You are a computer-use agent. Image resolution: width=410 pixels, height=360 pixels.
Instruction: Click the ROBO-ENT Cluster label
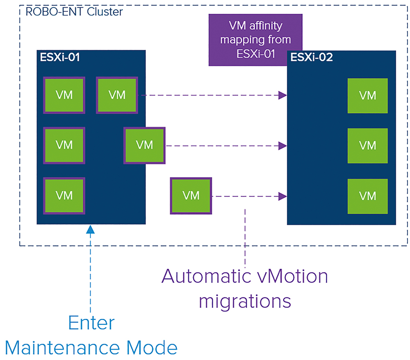(74, 12)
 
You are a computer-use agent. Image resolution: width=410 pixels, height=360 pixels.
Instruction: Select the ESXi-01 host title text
(60, 57)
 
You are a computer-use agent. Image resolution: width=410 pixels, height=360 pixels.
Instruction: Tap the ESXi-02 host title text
(312, 57)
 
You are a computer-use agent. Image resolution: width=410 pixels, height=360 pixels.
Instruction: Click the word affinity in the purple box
(266, 26)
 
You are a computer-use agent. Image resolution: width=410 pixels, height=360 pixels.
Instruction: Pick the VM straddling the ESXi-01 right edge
(144, 145)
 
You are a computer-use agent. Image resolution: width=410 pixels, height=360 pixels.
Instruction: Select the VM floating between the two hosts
(191, 196)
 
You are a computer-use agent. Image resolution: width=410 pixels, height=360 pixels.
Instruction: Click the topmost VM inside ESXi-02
(367, 95)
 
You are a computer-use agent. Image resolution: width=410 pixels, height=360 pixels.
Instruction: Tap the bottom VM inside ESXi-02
(367, 196)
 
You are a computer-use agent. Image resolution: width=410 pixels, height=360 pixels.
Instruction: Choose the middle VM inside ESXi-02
(367, 146)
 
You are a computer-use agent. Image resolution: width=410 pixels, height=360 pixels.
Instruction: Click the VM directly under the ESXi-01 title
(64, 95)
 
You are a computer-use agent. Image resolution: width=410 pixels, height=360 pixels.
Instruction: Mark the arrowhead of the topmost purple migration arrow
(282, 95)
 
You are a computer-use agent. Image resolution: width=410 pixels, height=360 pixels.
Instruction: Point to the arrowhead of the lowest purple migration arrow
(282, 196)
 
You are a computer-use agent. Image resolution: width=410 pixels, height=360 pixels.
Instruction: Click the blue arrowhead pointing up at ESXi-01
(90, 229)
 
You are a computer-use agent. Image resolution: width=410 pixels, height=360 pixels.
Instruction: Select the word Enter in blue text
(91, 323)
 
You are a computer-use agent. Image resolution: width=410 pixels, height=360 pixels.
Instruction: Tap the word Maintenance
(62, 348)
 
